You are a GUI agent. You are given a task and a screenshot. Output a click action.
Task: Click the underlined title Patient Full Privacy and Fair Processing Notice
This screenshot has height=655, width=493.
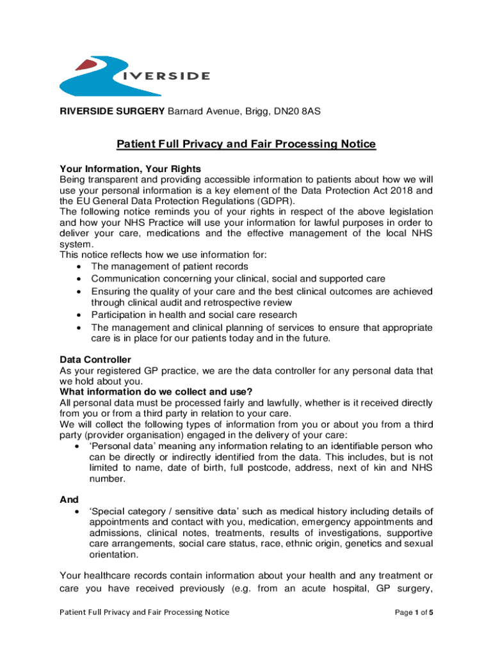pos(246,145)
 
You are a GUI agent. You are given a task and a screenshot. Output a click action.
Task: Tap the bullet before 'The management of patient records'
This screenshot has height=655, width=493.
pos(78,266)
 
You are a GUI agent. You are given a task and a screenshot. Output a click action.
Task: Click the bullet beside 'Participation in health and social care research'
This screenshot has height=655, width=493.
pos(78,315)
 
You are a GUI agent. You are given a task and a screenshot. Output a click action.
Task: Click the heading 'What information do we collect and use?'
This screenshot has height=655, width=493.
pos(156,391)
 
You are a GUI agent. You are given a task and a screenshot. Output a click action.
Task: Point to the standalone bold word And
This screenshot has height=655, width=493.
pos(69,499)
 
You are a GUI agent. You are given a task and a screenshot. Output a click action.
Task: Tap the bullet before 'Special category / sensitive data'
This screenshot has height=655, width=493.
pos(78,512)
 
